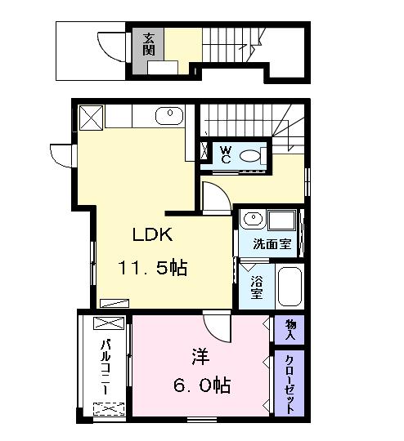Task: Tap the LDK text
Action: click(x=153, y=235)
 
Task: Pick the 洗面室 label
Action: click(x=271, y=243)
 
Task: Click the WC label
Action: click(x=225, y=154)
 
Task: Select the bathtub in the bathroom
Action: click(x=290, y=286)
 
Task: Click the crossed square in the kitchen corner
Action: click(x=92, y=115)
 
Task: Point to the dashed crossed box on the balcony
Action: click(x=110, y=408)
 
